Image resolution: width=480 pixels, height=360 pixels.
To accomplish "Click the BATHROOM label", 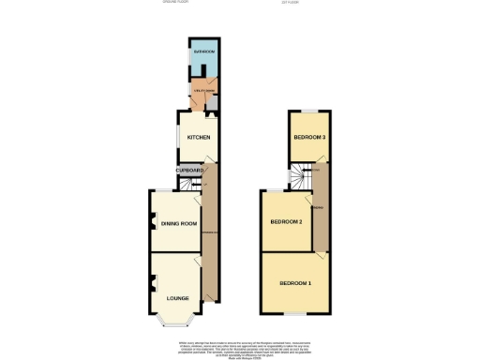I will click(x=204, y=51).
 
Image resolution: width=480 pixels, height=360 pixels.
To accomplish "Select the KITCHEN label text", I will click(x=199, y=138).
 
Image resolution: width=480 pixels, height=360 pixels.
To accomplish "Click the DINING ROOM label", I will click(x=178, y=223).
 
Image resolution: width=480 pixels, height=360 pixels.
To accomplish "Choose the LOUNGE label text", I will click(x=177, y=298).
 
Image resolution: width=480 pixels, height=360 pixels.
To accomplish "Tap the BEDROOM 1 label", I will click(x=295, y=282).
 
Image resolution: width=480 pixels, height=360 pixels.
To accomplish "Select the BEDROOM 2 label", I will click(x=286, y=222).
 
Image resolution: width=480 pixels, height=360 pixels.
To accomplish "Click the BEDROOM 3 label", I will click(x=309, y=138).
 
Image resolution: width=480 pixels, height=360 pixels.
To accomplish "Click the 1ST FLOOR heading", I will click(x=305, y=3).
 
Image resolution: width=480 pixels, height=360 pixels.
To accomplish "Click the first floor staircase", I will click(x=299, y=175).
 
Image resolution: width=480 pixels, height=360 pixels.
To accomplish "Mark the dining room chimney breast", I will click(x=150, y=223).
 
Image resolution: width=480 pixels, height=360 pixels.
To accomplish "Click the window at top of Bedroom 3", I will click(x=309, y=111).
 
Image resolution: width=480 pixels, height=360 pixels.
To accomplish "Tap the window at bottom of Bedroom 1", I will click(x=295, y=312).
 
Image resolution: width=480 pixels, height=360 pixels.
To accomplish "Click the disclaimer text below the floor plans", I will click(x=240, y=346).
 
